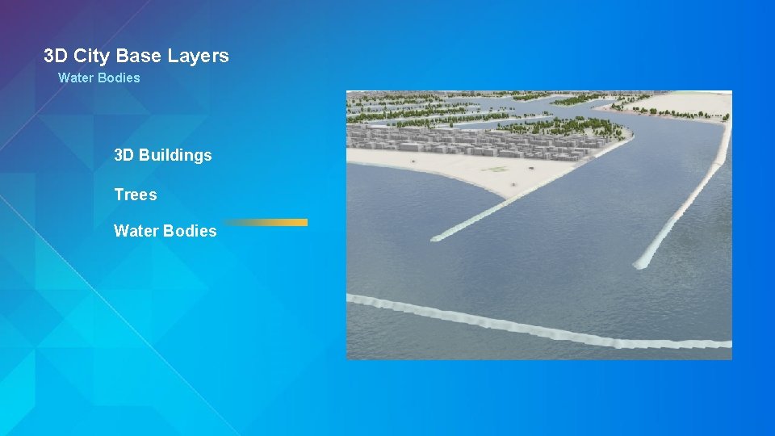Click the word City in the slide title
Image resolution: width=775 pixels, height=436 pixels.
pos(92,56)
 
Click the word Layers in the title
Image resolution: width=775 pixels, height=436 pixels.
pos(199,56)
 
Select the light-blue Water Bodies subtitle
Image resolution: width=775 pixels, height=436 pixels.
pos(98,78)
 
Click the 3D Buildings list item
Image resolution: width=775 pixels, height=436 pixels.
pos(162,155)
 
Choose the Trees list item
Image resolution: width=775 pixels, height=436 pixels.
pos(135,195)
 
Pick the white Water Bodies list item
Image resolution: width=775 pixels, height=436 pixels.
pos(165,231)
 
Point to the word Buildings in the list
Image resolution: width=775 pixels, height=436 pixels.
pos(175,155)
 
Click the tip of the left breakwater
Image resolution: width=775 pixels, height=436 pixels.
pos(437,237)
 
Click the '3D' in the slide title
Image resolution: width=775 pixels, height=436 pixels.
pos(55,56)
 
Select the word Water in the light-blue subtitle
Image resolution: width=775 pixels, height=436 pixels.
pos(76,78)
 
